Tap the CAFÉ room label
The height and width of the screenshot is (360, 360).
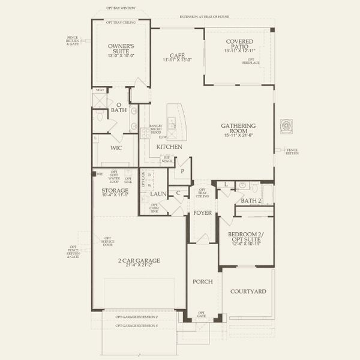coord(177,55)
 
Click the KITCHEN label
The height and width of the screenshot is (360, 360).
coord(170,146)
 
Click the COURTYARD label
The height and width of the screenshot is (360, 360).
coord(248,292)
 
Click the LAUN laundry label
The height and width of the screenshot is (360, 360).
coord(158,194)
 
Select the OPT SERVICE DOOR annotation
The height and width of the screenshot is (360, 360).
coord(108,241)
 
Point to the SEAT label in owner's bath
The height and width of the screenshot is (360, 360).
coord(100,91)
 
